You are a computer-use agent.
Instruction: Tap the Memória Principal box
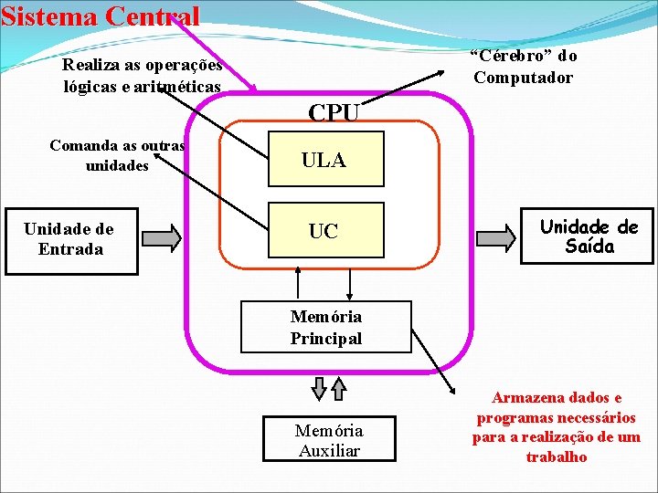(x=325, y=327)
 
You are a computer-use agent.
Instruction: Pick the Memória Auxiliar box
(x=329, y=439)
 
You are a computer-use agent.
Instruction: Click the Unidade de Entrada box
(x=70, y=239)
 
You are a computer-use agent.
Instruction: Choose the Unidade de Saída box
(x=589, y=236)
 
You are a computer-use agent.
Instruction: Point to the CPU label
(x=334, y=113)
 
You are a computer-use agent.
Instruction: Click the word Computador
(x=523, y=78)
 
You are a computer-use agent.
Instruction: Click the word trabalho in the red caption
(x=557, y=457)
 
